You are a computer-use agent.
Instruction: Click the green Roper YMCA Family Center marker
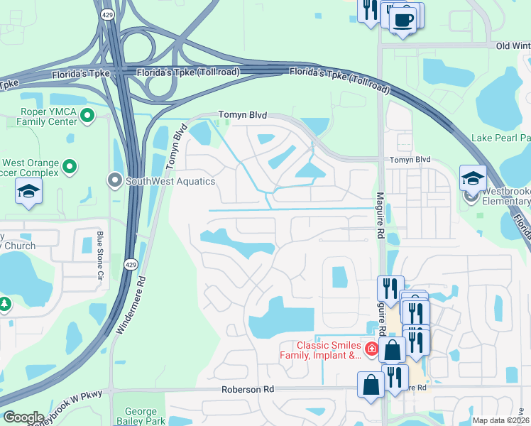(87, 115)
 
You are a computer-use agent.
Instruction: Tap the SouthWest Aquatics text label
(170, 181)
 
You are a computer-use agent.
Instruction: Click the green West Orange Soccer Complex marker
(69, 167)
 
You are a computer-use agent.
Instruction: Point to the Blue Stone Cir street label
(100, 249)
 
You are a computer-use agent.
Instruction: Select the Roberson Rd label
(247, 389)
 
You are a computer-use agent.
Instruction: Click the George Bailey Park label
(146, 416)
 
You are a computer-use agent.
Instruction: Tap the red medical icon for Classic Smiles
(371, 349)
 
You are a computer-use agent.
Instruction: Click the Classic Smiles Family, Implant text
(329, 350)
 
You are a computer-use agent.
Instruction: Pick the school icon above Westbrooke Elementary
(473, 178)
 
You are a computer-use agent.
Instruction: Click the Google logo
(23, 417)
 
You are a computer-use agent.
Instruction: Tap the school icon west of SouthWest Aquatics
(28, 192)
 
